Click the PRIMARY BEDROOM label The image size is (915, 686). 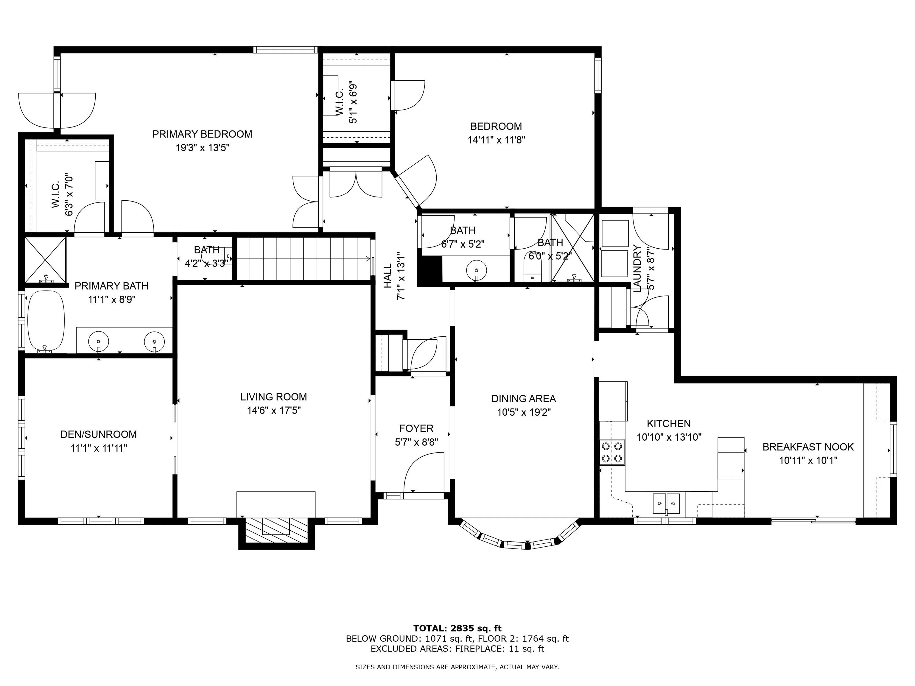coord(202,134)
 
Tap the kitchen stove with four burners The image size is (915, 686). coord(612,453)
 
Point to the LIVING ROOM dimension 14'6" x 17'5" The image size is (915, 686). coord(274,411)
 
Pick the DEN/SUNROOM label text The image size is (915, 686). coord(99,434)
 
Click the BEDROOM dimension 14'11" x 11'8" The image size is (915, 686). coord(497,140)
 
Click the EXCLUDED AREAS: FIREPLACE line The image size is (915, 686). coord(457,649)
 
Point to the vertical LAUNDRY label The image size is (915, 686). coord(637,268)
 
